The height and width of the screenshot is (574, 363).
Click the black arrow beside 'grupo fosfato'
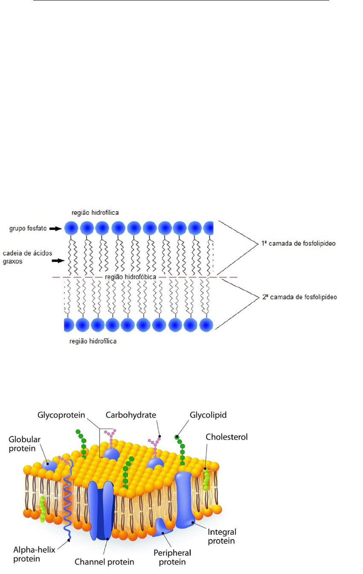coord(55,229)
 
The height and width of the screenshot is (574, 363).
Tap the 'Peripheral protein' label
coord(172,557)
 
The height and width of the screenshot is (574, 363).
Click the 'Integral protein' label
coord(221,536)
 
